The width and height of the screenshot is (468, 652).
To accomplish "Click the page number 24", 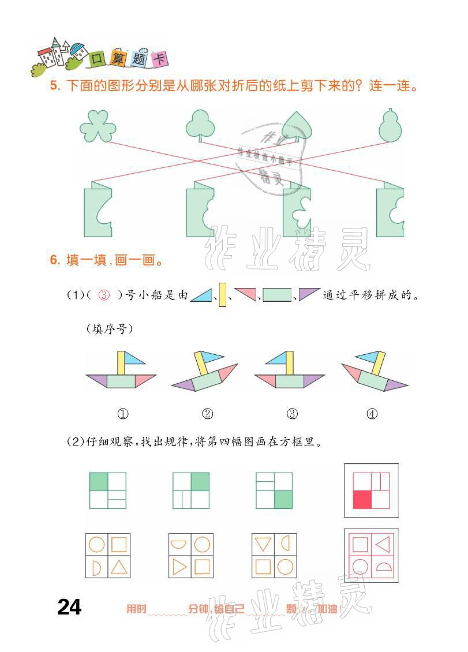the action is click(x=69, y=607).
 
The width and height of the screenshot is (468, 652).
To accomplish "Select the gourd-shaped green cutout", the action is click(x=390, y=125).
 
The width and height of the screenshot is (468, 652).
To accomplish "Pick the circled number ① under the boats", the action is click(x=122, y=414).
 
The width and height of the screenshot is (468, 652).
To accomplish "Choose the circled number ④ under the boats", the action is click(x=372, y=414).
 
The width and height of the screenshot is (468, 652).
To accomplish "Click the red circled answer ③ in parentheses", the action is click(x=104, y=295).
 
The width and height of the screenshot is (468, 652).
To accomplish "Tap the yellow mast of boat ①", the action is click(x=121, y=363).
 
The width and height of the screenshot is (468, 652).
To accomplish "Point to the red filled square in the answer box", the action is click(x=361, y=499).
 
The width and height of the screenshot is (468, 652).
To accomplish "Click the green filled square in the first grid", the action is click(x=99, y=481).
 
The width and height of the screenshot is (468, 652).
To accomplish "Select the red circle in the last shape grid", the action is click(x=360, y=566).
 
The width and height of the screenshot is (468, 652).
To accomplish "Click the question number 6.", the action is click(x=55, y=260).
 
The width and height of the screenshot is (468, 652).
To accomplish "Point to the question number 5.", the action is click(x=55, y=87).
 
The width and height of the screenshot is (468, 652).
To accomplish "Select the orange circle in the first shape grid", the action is click(x=96, y=545).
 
